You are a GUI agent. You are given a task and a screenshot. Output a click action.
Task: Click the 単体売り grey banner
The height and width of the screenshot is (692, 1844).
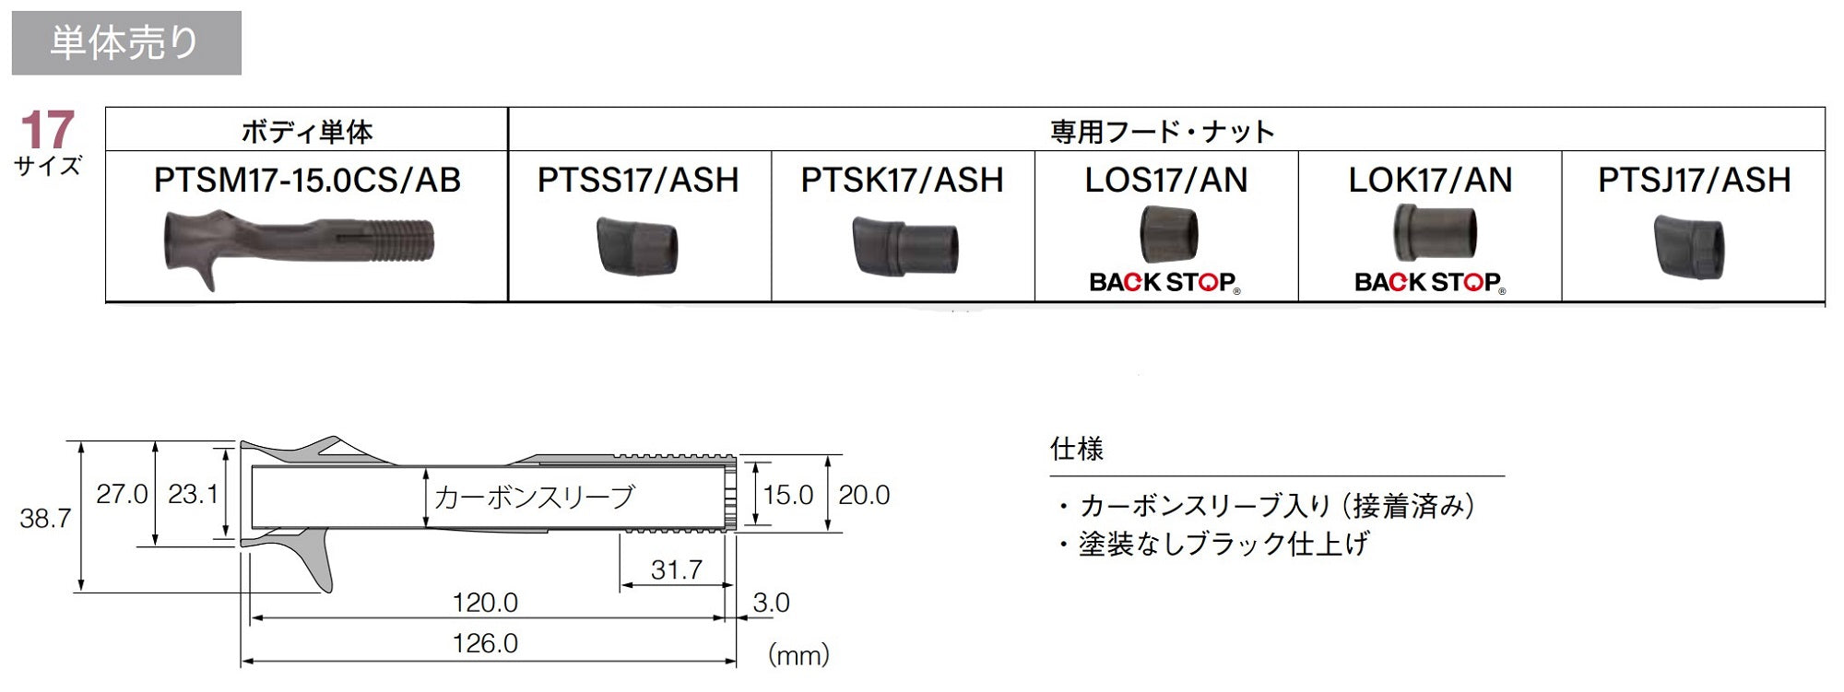126,43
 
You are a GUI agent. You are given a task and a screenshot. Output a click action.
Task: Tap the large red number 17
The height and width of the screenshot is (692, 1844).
47,130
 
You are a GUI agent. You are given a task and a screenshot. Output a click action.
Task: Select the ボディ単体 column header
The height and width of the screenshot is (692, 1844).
307,132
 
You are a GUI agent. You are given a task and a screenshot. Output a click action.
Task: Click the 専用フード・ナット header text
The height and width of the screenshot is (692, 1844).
1163,132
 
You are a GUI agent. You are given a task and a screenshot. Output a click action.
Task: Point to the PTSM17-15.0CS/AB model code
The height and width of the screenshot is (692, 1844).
307,180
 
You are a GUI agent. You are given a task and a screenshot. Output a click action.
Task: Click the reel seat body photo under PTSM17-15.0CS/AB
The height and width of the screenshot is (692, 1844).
299,248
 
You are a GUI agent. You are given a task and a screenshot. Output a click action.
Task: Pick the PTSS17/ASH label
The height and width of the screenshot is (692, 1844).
638,180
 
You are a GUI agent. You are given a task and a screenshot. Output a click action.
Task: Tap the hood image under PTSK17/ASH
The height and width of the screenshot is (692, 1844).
904,246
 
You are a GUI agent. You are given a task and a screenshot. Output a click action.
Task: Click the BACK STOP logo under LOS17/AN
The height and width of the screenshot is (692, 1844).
1164,282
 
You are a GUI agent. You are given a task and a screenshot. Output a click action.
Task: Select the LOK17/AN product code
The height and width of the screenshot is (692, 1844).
1430,180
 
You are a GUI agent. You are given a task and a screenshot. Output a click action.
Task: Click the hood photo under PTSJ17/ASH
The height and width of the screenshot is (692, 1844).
1689,246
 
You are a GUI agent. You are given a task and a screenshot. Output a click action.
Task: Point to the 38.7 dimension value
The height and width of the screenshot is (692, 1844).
45,519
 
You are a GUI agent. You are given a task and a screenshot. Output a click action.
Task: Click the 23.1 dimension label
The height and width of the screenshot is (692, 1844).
193,495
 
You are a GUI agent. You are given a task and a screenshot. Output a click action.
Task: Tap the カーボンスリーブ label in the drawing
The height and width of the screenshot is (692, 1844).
535,498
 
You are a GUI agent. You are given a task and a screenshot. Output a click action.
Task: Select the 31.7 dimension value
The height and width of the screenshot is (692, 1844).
677,570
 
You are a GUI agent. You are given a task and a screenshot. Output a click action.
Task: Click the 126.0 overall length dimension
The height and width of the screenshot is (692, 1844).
485,643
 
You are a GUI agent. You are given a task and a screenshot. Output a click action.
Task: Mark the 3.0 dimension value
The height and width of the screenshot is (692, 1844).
771,603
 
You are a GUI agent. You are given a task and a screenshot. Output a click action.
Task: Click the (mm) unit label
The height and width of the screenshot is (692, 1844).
798,655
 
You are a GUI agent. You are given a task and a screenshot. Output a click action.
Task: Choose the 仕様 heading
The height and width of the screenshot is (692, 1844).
1077,450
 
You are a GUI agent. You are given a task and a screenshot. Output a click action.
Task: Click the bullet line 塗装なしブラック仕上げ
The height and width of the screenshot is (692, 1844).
1213,544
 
